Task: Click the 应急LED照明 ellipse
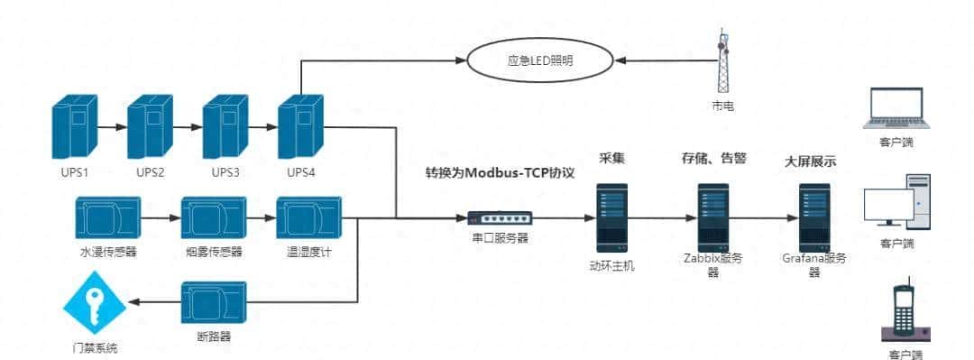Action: tap(539, 61)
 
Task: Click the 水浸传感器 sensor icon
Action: tap(108, 218)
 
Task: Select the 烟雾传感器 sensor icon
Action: tap(213, 218)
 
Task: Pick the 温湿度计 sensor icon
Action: tap(308, 218)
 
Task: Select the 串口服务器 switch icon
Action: tap(500, 217)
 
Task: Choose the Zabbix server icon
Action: tap(712, 217)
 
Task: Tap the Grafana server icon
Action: tap(814, 217)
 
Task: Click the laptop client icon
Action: tap(894, 108)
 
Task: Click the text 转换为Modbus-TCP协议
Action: tap(500, 171)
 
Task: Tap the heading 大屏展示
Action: tap(810, 162)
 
